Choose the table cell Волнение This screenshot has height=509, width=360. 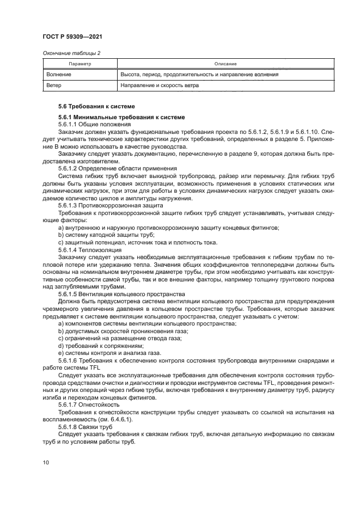click(x=59, y=75)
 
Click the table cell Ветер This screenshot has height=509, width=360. click(x=54, y=85)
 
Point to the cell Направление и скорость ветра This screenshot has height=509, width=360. click(x=160, y=85)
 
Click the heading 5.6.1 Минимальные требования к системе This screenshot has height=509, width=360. click(x=121, y=118)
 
